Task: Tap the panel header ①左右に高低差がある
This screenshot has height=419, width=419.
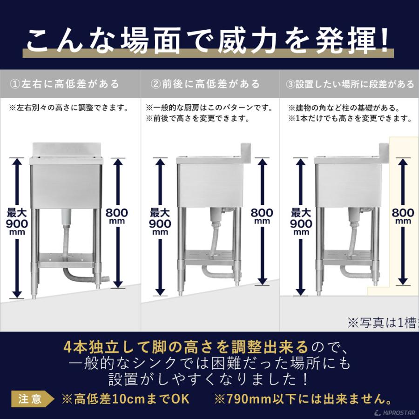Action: click(65, 84)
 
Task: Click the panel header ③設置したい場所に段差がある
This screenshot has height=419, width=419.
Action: click(350, 84)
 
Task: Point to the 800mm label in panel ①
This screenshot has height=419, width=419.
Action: click(117, 216)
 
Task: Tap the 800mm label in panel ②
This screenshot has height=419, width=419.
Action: click(262, 216)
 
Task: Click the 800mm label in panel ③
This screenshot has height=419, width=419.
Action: click(403, 216)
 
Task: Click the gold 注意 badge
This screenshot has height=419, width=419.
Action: click(30, 399)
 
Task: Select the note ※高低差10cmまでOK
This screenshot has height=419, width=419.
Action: click(126, 399)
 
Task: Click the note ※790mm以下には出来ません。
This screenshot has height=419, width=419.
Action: click(302, 399)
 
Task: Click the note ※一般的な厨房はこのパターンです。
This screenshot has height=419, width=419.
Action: click(209, 108)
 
